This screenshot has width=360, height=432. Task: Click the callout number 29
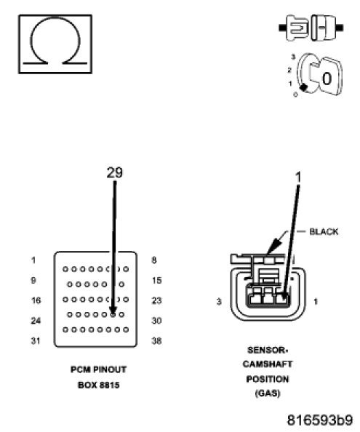[x=114, y=172]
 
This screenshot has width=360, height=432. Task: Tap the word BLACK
[x=324, y=232]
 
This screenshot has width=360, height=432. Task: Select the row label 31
[x=34, y=340]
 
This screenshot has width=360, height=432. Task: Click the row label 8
[x=154, y=260]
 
